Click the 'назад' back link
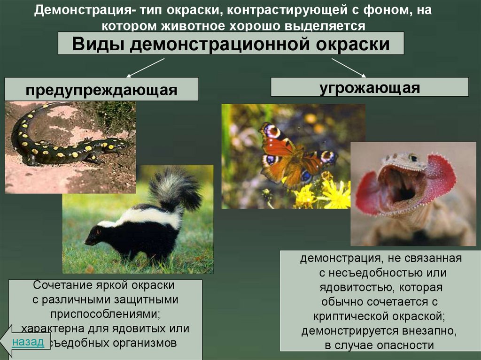pos(28,341)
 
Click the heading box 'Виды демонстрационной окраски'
pos(231,44)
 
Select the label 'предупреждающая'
pos(101,90)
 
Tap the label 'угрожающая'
pos(370,87)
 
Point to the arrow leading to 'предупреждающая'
pos(145,67)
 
